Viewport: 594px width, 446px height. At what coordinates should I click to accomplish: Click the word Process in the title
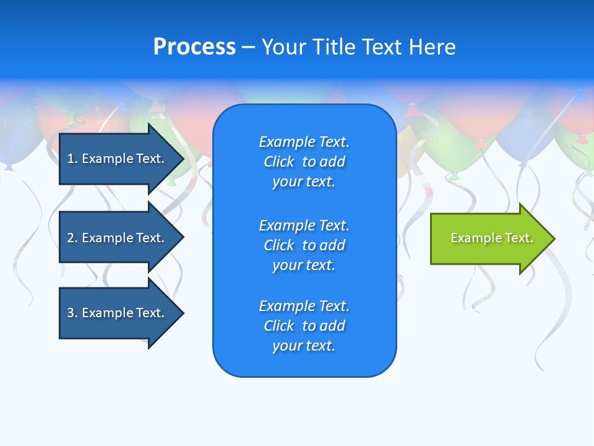[x=194, y=47]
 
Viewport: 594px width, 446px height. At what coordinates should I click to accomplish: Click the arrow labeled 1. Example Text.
[x=118, y=159]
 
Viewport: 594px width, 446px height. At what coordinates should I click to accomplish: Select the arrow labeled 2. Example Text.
[x=118, y=238]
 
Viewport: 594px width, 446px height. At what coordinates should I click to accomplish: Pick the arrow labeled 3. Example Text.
[x=118, y=313]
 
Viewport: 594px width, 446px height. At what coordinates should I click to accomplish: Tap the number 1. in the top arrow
[x=72, y=159]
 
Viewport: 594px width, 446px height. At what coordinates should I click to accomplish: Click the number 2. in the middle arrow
[x=72, y=238]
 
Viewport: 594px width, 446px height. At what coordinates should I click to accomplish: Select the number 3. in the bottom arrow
[x=72, y=313]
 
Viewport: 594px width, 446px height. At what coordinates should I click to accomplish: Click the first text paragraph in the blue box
[x=304, y=162]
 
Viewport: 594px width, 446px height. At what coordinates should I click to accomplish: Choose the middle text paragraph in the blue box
[x=304, y=245]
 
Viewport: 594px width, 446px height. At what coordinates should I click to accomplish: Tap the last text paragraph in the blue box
[x=304, y=326]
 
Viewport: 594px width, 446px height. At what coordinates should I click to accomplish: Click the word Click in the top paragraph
[x=278, y=162]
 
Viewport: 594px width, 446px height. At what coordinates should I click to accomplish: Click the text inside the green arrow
[x=491, y=238]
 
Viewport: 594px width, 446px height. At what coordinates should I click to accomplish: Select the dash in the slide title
[x=248, y=47]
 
